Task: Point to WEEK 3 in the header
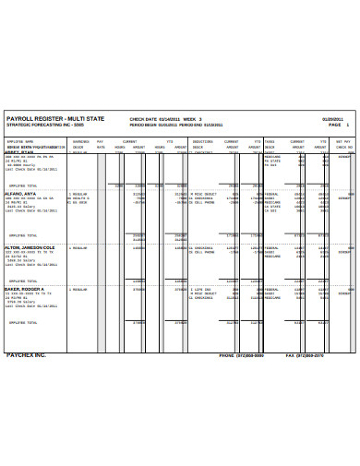[191, 119]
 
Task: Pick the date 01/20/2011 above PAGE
[332, 119]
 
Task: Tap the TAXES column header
[270, 141]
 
